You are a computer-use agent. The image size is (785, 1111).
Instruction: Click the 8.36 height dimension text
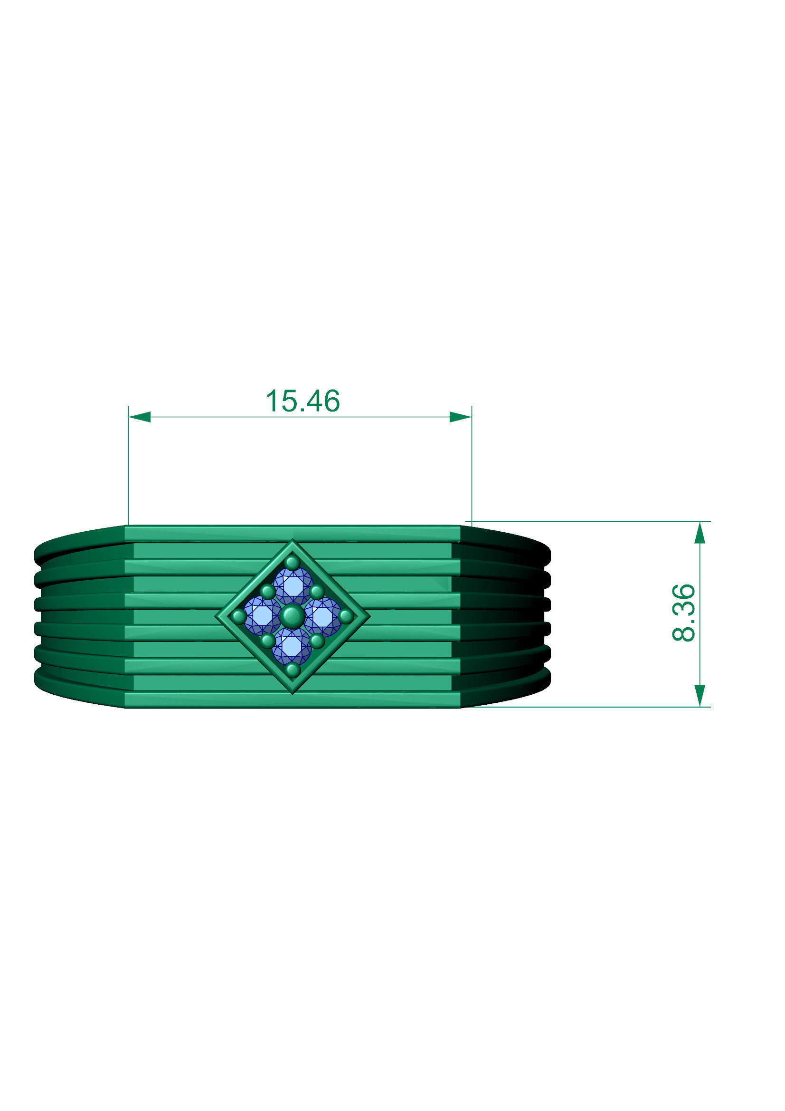point(684,613)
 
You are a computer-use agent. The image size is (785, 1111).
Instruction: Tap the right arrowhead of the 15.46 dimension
point(460,417)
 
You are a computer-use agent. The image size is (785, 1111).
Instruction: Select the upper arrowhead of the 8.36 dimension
point(700,533)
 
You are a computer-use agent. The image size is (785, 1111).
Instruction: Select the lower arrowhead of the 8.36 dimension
point(700,695)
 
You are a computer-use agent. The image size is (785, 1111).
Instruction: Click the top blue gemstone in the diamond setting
point(293,586)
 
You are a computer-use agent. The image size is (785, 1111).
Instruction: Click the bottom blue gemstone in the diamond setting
point(292,646)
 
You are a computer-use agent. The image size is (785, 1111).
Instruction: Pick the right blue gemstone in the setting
point(322,616)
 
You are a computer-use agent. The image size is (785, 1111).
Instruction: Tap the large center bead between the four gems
point(292,616)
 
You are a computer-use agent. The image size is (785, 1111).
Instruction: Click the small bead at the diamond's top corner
point(292,563)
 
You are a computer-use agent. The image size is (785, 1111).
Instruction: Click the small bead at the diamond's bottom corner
point(293,670)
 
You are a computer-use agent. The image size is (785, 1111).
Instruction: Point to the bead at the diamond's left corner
point(239,616)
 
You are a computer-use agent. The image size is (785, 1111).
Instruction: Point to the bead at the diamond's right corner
point(346,616)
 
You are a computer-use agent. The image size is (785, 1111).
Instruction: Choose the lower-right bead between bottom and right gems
point(317,641)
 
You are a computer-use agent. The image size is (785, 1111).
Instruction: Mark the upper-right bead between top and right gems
point(317,591)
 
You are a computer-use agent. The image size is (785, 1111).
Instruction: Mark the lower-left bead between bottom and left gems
point(267,641)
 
